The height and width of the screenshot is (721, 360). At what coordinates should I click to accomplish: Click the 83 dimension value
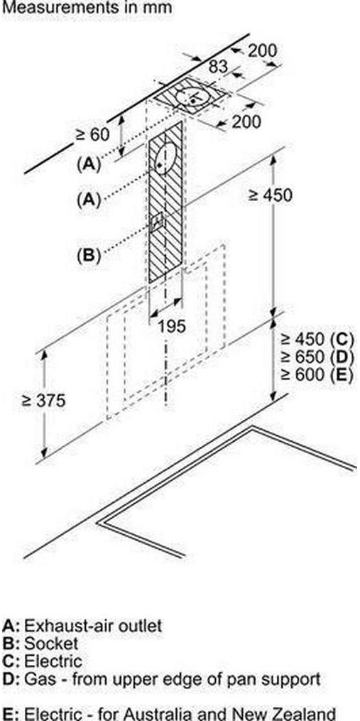[x=219, y=67]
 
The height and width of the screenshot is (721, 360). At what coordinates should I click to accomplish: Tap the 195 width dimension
[x=172, y=326]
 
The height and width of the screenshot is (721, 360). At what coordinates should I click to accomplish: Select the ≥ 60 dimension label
[x=93, y=135]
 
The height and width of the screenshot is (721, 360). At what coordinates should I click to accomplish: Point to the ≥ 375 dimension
[x=44, y=401]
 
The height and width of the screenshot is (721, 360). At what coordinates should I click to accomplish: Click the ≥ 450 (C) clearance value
[x=317, y=340]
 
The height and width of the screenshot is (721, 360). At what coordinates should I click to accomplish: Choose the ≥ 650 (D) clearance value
[x=317, y=357]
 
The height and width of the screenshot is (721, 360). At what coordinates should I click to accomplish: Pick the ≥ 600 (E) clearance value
[x=317, y=374]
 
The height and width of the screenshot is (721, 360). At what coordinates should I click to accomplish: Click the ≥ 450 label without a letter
[x=270, y=195]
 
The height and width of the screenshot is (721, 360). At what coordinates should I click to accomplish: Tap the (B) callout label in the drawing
[x=89, y=254]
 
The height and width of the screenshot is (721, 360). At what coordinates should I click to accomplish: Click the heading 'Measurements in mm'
[x=87, y=8]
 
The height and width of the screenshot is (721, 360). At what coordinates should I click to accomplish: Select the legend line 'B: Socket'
[x=40, y=644]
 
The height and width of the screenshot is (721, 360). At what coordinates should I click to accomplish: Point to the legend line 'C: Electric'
[x=43, y=661]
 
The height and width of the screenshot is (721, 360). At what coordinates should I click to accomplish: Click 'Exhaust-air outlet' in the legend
[x=93, y=626]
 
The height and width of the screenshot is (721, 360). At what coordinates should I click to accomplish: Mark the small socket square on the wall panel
[x=157, y=222]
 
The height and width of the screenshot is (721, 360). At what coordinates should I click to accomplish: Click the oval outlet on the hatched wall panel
[x=165, y=158]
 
